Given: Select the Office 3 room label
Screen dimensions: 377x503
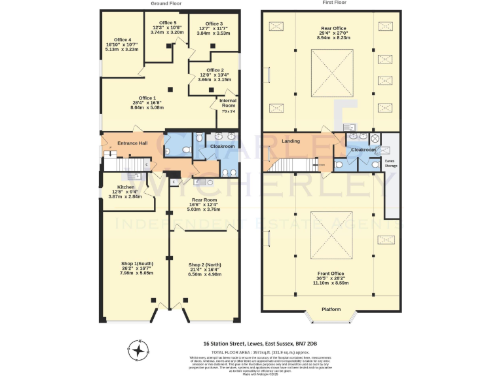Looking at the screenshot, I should point(214,24).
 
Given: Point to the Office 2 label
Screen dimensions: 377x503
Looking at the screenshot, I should point(215,70).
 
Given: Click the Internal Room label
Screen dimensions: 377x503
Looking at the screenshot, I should point(227,103).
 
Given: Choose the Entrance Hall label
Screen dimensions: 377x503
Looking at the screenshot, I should point(132,143).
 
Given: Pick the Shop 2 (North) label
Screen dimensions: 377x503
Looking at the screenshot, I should point(204,264).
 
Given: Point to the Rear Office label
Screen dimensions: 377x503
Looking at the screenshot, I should point(333,29).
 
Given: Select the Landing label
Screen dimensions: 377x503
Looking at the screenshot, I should point(291,141).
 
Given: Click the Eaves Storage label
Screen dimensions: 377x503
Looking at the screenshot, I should point(390,164).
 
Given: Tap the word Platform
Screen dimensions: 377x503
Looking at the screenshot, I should point(333,309).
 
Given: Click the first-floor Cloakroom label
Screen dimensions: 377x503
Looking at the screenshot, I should point(363,150).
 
